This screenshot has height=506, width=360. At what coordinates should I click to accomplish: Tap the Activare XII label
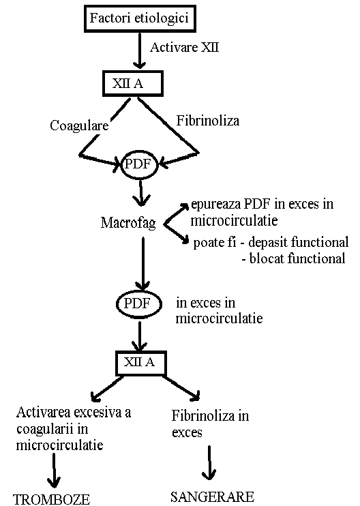pos(185,48)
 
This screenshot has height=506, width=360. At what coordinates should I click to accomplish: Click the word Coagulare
pos(79,125)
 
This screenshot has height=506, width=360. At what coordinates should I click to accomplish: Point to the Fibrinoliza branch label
pos(208,121)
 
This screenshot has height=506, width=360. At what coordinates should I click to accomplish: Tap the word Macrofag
pos(128,223)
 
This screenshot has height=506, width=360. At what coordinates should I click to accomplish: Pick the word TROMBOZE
pos(52,499)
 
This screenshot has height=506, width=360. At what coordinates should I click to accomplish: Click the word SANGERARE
pos(212,497)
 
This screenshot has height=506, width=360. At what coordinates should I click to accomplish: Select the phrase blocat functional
pos(297,258)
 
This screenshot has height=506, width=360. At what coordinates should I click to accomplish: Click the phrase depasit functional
pos(299,242)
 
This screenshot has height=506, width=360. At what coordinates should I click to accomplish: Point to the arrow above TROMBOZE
pos(54,471)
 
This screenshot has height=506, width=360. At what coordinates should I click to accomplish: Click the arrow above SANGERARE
pos(209,463)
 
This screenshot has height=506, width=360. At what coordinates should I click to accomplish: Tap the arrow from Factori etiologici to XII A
pos(139,50)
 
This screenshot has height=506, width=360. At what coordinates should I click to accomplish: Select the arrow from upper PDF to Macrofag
pos(141,193)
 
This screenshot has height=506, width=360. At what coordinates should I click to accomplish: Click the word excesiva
pos(97,413)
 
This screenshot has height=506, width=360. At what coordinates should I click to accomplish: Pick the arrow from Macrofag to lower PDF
pos(143,264)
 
